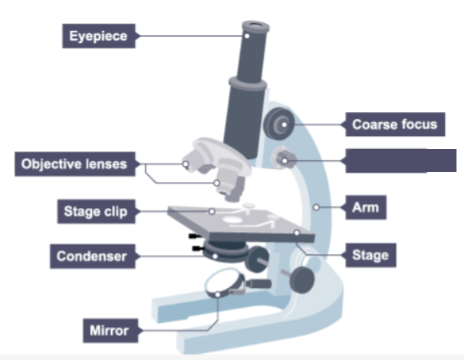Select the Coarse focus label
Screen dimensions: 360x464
click(394, 124)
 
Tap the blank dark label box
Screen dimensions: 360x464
click(396, 160)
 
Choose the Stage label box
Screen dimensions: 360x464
click(370, 255)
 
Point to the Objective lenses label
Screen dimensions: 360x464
click(74, 163)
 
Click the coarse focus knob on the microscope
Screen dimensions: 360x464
click(278, 122)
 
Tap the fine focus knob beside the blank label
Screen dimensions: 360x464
click(285, 159)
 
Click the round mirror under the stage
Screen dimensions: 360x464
click(223, 286)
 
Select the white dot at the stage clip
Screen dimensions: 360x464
click(212, 210)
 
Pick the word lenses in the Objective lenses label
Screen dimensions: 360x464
click(106, 163)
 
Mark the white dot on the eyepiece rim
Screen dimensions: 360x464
click(248, 35)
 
